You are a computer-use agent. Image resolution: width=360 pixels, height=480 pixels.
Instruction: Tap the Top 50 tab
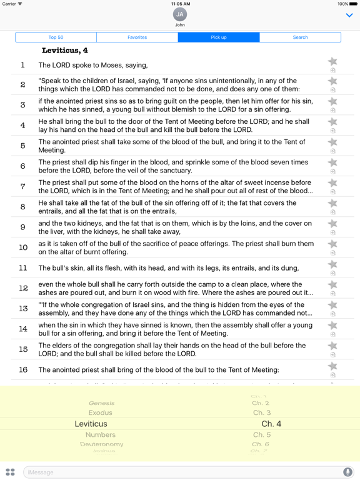point(56,37)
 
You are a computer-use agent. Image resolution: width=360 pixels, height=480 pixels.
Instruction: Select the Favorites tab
point(137,37)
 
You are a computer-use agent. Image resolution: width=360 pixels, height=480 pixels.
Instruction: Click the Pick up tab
point(219,37)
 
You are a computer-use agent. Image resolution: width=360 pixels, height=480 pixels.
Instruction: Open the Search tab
point(300,37)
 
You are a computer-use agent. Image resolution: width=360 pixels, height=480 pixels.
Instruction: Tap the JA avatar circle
point(180,14)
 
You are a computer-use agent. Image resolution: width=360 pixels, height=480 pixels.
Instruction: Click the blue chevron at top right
point(349,16)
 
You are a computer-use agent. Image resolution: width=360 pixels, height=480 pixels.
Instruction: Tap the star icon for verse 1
point(332,61)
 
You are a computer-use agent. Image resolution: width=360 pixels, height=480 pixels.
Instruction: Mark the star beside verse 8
point(332,203)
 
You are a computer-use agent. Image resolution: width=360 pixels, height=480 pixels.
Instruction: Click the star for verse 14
point(332,326)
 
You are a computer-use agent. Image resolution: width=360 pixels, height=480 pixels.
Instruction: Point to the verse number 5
point(23,146)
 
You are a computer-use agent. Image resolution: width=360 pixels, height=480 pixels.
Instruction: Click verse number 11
point(23,268)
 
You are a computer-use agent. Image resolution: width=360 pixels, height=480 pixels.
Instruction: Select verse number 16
point(23,369)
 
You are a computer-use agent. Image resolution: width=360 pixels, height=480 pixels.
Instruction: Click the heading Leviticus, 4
point(65,51)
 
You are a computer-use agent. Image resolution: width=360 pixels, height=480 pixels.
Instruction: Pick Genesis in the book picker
point(102,403)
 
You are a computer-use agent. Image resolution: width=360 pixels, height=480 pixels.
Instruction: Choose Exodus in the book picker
point(101,412)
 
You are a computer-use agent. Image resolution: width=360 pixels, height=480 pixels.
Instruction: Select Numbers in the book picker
point(101,434)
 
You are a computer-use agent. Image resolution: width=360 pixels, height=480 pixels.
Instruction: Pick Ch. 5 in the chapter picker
point(262,434)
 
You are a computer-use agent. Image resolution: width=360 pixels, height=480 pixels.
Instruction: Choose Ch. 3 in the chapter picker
point(262,412)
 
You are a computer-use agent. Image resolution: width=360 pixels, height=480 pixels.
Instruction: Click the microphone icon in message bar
point(347,472)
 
